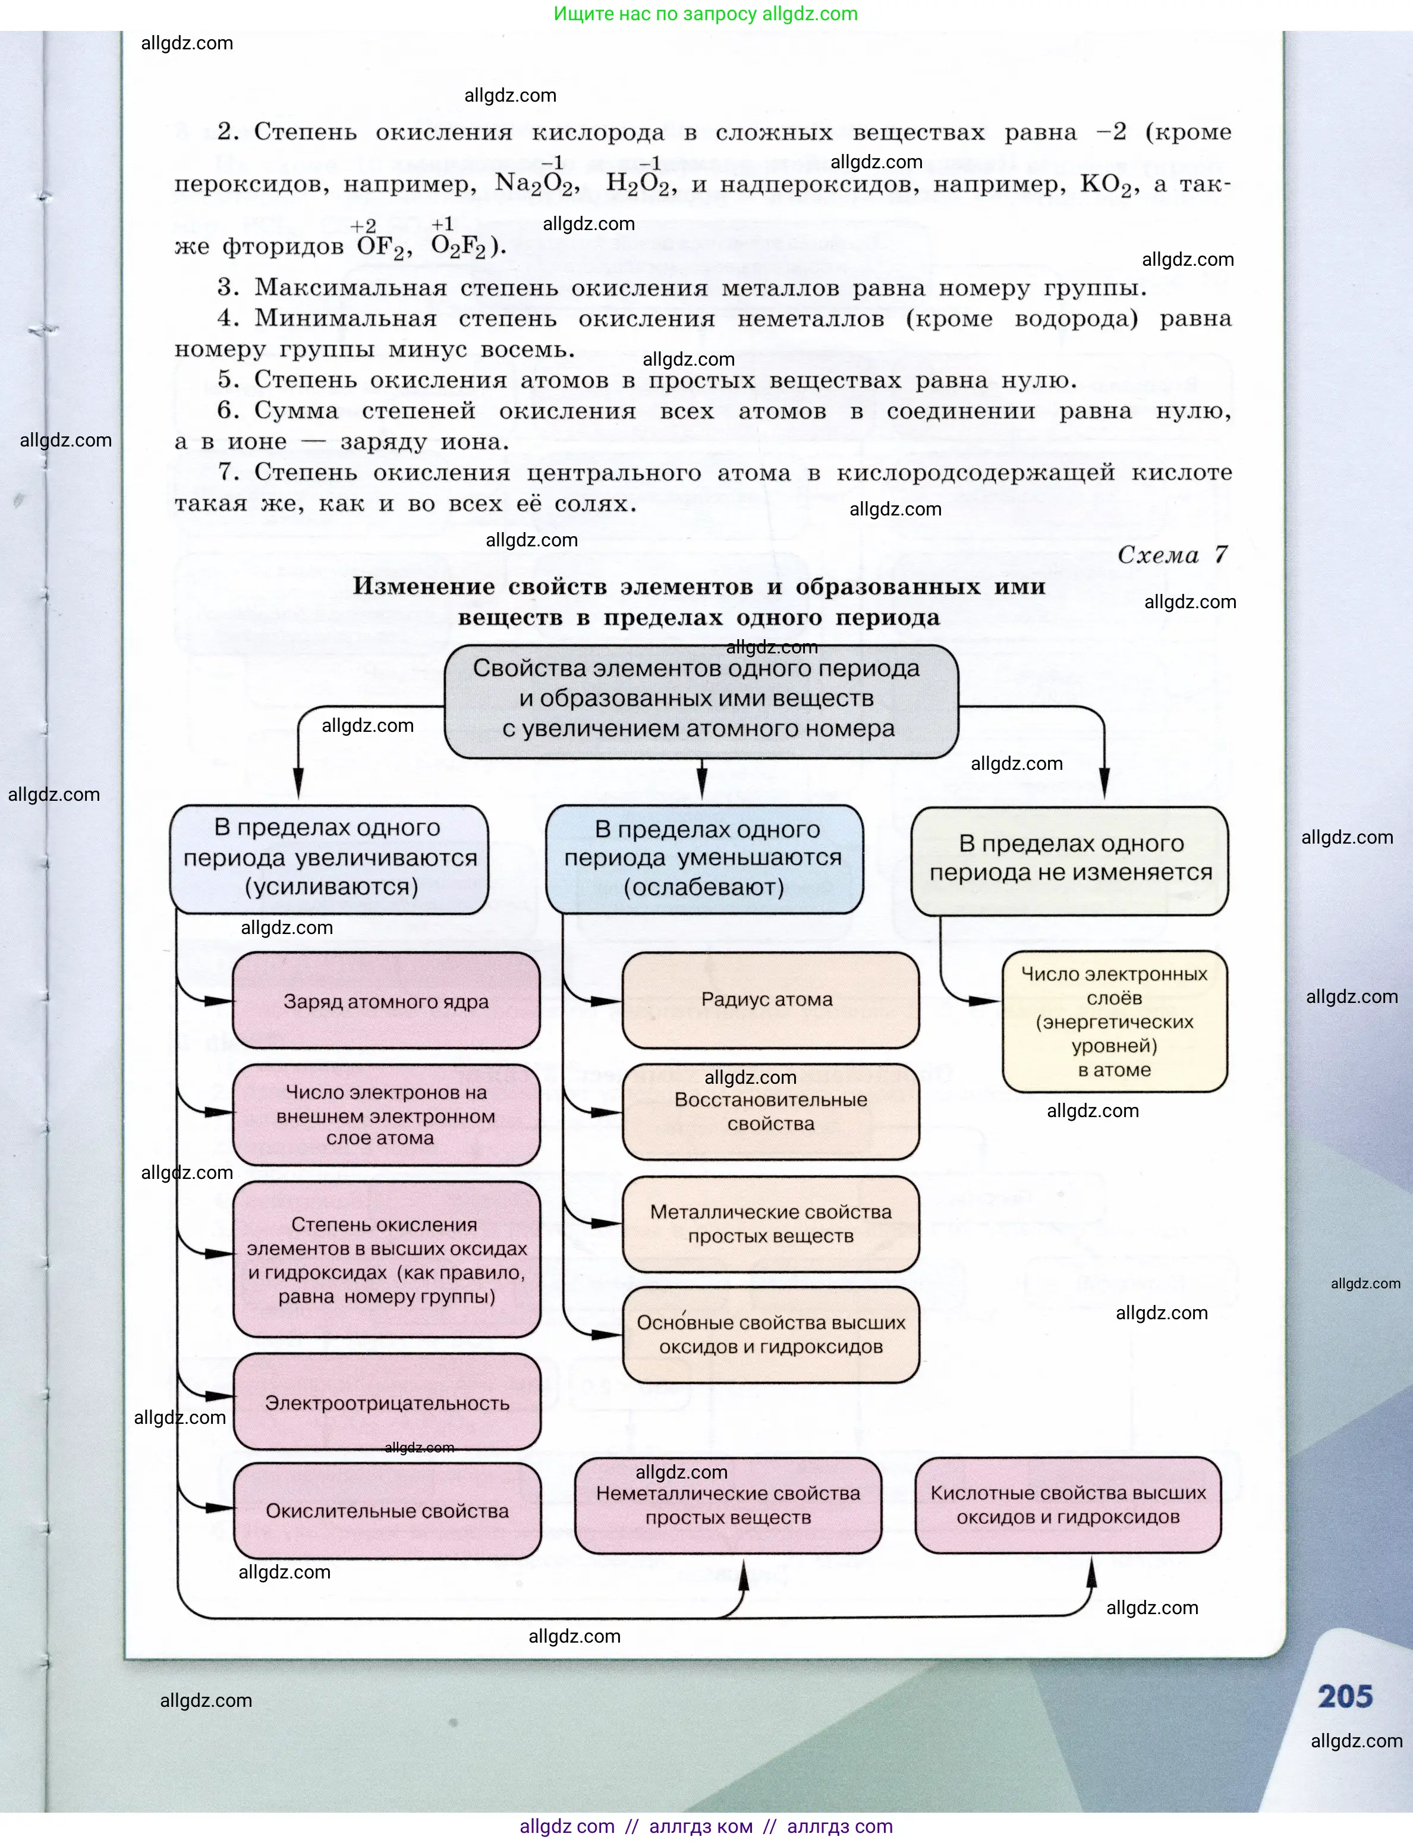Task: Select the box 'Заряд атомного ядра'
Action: click(x=386, y=1001)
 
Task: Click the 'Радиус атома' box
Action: click(x=770, y=1000)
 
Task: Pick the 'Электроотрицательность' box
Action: click(x=387, y=1402)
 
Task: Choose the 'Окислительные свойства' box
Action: click(x=387, y=1511)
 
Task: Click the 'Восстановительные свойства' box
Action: click(x=770, y=1112)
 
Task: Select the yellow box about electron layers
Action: click(x=1115, y=1021)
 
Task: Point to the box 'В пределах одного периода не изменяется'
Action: click(x=1070, y=860)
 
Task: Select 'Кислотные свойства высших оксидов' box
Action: click(x=1068, y=1506)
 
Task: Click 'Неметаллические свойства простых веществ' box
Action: click(x=728, y=1506)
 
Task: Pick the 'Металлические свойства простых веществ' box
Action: click(x=770, y=1224)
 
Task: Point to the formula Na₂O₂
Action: click(x=536, y=184)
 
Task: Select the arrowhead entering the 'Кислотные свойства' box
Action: click(x=1092, y=1570)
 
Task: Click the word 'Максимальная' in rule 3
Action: click(x=350, y=288)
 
